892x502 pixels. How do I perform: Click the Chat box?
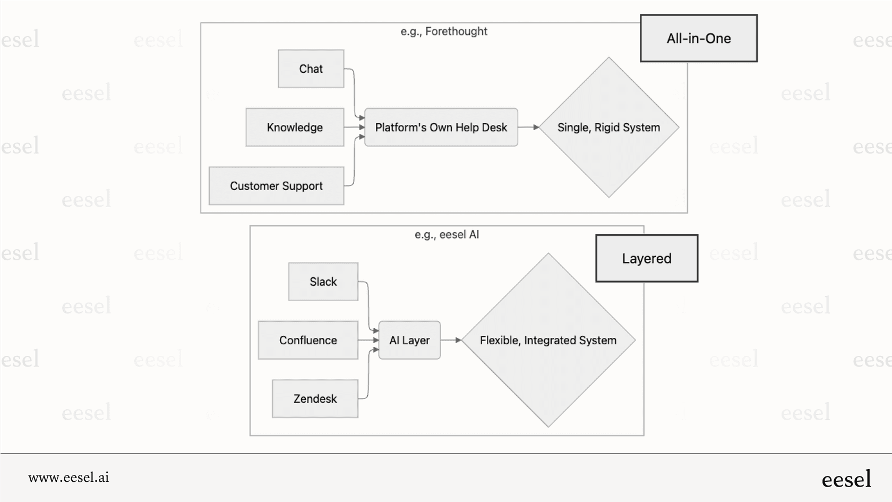[x=311, y=69]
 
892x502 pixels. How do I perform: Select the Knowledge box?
[x=295, y=127]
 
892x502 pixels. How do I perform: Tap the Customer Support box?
[x=276, y=186]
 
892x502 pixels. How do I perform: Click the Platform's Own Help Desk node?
[x=441, y=127]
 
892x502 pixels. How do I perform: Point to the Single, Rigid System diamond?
[x=608, y=127]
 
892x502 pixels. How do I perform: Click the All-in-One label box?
[x=698, y=38]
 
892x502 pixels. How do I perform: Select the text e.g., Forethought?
[x=443, y=31]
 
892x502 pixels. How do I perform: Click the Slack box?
[x=323, y=282]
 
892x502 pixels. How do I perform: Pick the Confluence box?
[x=308, y=340]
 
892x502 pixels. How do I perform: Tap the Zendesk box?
[x=315, y=398]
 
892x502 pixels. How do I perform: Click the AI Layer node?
[x=409, y=340]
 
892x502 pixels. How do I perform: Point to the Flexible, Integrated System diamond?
[x=548, y=340]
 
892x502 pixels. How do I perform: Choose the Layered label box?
[x=646, y=258]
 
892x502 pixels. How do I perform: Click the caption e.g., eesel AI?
[x=447, y=234]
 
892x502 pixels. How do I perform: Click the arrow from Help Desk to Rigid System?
[x=528, y=127]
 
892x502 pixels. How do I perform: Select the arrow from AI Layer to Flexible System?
[x=451, y=340]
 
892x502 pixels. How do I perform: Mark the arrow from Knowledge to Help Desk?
[x=354, y=127]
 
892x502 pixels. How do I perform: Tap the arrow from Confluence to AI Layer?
[x=368, y=340]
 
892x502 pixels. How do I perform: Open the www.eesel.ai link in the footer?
[x=68, y=478]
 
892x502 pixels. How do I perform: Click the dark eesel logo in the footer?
[x=846, y=479]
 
